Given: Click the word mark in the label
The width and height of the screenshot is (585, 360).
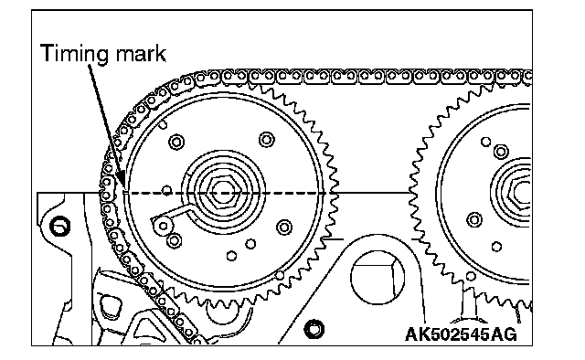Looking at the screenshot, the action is [x=141, y=53].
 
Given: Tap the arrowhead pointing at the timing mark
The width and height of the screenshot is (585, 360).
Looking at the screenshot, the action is [x=121, y=180].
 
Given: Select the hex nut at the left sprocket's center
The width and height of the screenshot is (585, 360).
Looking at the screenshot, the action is [x=223, y=193].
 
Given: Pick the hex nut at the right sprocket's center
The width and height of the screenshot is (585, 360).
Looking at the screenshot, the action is [x=521, y=193].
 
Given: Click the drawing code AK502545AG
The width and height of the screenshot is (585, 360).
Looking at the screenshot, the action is [x=461, y=334].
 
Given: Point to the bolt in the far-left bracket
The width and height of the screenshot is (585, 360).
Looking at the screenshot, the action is [x=59, y=227].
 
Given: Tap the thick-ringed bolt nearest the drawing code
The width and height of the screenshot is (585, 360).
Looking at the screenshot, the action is [x=314, y=330].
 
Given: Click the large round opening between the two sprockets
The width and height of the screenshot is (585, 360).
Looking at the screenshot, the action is [x=378, y=277].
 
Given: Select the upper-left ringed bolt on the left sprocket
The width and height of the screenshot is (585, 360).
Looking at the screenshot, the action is [x=176, y=143].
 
